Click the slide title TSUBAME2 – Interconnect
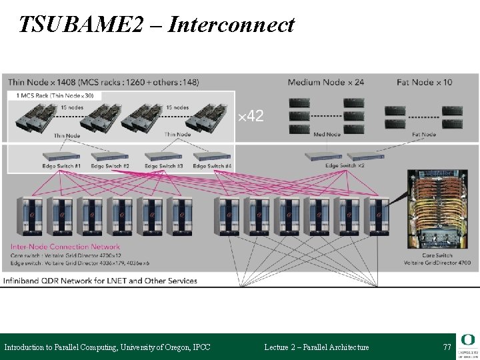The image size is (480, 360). (x=157, y=24)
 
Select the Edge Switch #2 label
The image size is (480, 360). (x=110, y=165)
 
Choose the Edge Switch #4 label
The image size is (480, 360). (x=212, y=165)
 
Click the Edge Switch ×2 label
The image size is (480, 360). (x=345, y=165)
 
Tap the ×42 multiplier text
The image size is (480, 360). (x=251, y=117)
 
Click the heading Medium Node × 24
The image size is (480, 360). (x=325, y=83)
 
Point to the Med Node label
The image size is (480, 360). (x=327, y=135)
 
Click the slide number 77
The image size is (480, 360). (x=447, y=347)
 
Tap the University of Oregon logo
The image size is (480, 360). (x=468, y=345)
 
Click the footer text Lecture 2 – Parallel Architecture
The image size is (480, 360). (x=316, y=347)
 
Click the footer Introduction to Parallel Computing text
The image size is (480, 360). (x=107, y=347)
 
